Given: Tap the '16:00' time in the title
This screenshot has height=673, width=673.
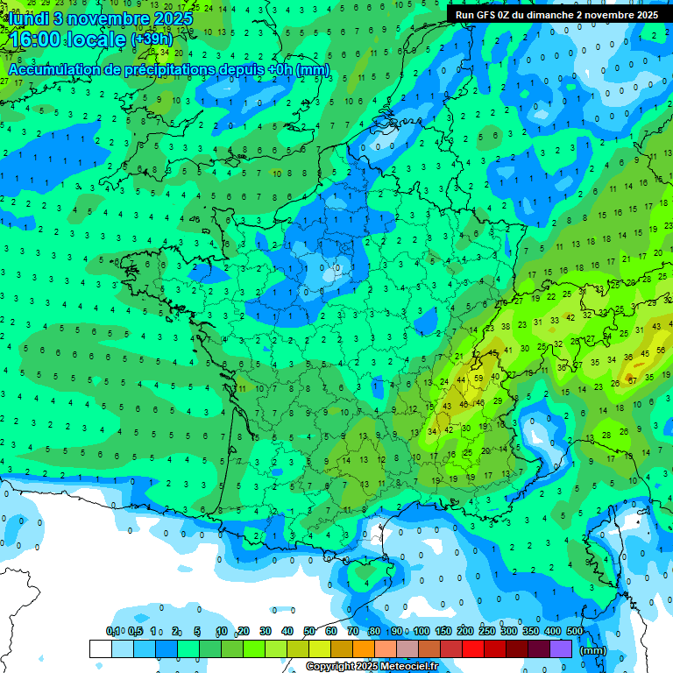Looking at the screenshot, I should (37, 39).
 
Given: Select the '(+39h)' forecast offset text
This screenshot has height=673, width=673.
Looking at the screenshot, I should (154, 39).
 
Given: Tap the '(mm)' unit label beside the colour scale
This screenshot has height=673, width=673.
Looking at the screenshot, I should (593, 650).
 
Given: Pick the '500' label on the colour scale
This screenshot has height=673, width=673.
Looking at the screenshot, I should (575, 631).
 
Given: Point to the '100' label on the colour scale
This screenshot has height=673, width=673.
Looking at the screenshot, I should (422, 631).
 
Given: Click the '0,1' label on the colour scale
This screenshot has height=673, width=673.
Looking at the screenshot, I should (112, 631).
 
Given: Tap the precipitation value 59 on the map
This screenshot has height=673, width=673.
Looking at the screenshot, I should (478, 379).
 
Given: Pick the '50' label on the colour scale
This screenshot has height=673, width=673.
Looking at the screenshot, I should (309, 631).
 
